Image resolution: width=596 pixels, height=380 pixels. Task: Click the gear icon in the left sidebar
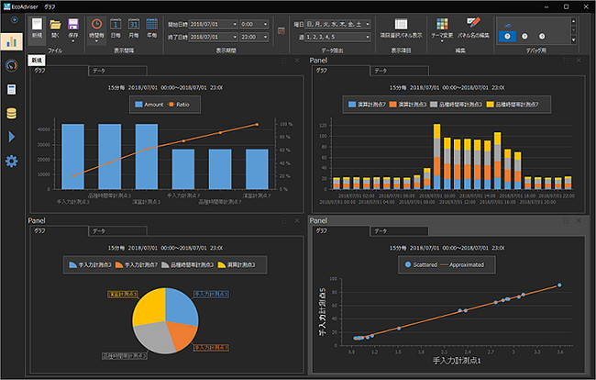pyautogui.click(x=12, y=162)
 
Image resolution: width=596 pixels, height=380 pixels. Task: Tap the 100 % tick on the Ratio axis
pyautogui.click(x=285, y=123)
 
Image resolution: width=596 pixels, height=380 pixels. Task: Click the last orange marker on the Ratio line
pyautogui.click(x=258, y=124)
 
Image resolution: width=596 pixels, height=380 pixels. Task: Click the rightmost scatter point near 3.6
pyautogui.click(x=559, y=285)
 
